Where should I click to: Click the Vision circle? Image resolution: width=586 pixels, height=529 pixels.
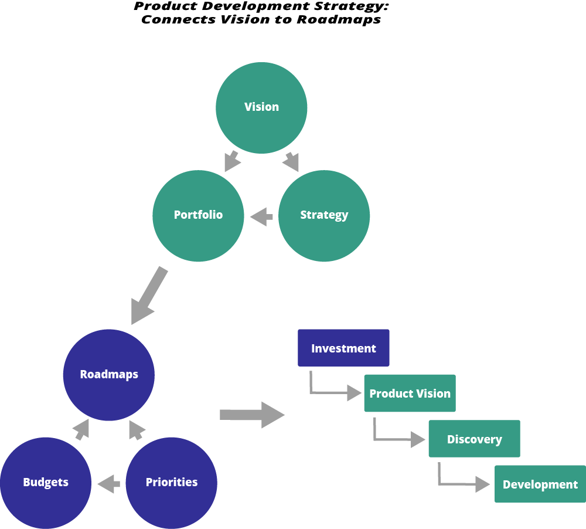pyautogui.click(x=261, y=108)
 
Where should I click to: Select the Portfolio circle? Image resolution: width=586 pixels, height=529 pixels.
pyautogui.click(x=198, y=215)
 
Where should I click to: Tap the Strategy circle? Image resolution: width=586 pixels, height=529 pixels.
pyautogui.click(x=324, y=215)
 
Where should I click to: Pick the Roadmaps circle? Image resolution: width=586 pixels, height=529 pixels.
pyautogui.click(x=109, y=375)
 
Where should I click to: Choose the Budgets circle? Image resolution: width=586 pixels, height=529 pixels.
pyautogui.click(x=46, y=483)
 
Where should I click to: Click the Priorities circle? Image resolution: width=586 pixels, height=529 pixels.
pyautogui.click(x=172, y=483)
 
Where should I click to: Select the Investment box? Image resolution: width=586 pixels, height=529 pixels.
pyautogui.click(x=343, y=348)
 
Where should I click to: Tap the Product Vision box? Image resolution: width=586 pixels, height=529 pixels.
pyautogui.click(x=410, y=394)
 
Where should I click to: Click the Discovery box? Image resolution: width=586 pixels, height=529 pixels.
pyautogui.click(x=474, y=439)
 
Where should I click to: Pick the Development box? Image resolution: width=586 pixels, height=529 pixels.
pyautogui.click(x=540, y=484)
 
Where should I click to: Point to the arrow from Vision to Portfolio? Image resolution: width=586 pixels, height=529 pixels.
pyautogui.click(x=232, y=161)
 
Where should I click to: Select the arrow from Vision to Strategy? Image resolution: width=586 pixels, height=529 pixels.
pyautogui.click(x=291, y=161)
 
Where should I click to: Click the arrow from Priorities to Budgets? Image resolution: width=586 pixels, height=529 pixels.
pyautogui.click(x=109, y=484)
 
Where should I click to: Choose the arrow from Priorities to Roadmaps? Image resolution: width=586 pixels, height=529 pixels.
pyautogui.click(x=136, y=430)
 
